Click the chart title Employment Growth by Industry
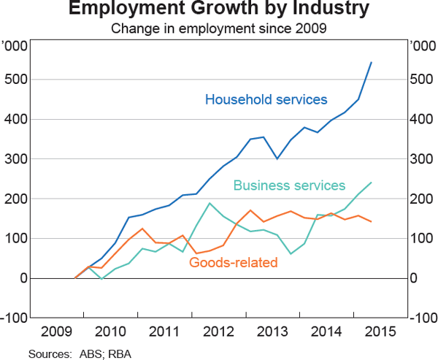tap(219, 10)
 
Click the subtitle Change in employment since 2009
tap(219, 29)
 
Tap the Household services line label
tap(266, 99)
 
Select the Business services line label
tap(289, 185)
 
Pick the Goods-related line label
tap(234, 261)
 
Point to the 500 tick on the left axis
tap(16, 79)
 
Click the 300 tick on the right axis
tap(421, 159)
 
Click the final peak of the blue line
tap(372, 63)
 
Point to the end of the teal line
tap(372, 183)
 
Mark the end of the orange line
tap(372, 221)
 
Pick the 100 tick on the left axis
tap(16, 239)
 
